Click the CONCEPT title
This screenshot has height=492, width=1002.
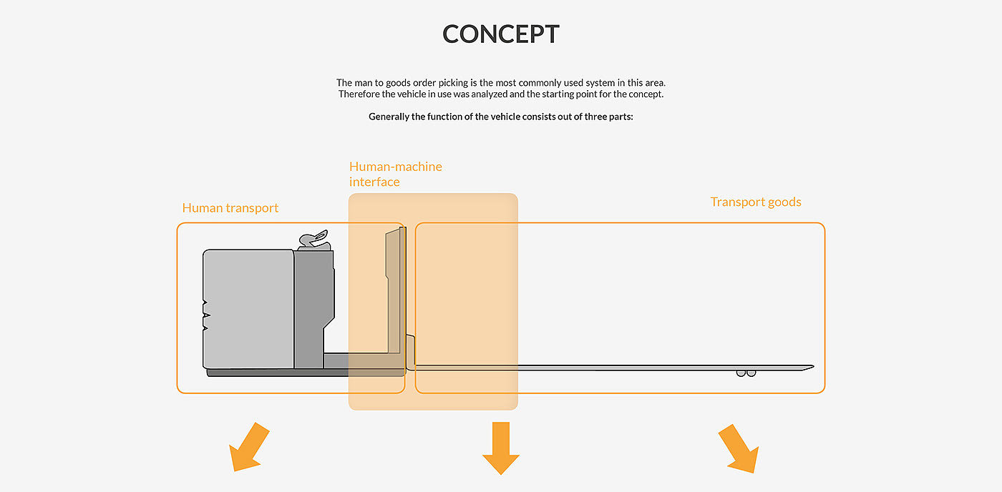point(501,34)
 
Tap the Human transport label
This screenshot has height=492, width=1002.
point(230,208)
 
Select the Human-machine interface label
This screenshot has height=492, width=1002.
point(395,174)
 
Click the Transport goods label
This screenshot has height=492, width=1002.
point(756,202)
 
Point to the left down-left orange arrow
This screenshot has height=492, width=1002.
point(248,448)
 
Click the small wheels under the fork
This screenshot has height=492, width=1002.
point(746,373)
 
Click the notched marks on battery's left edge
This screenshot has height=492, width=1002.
point(205,315)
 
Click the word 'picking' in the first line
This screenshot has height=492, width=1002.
point(452,83)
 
